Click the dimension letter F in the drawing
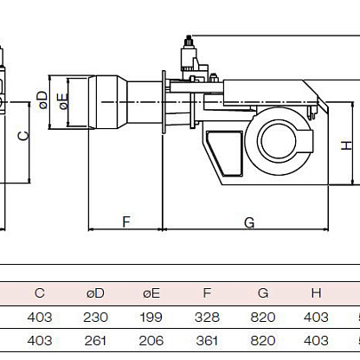[126, 222]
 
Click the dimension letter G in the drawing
[249, 222]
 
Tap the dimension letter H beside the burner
[346, 145]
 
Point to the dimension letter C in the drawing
[23, 136]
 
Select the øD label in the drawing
[42, 100]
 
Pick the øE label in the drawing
[63, 101]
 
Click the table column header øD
[95, 293]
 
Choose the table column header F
[207, 293]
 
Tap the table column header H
[316, 293]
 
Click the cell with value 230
[95, 318]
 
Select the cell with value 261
[95, 341]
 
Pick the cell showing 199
[151, 318]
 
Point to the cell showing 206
[151, 341]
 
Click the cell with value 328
[207, 318]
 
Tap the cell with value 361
[207, 341]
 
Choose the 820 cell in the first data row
[263, 318]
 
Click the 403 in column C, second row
[40, 341]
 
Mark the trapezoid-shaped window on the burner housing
[225, 153]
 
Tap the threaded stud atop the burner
[189, 41]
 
